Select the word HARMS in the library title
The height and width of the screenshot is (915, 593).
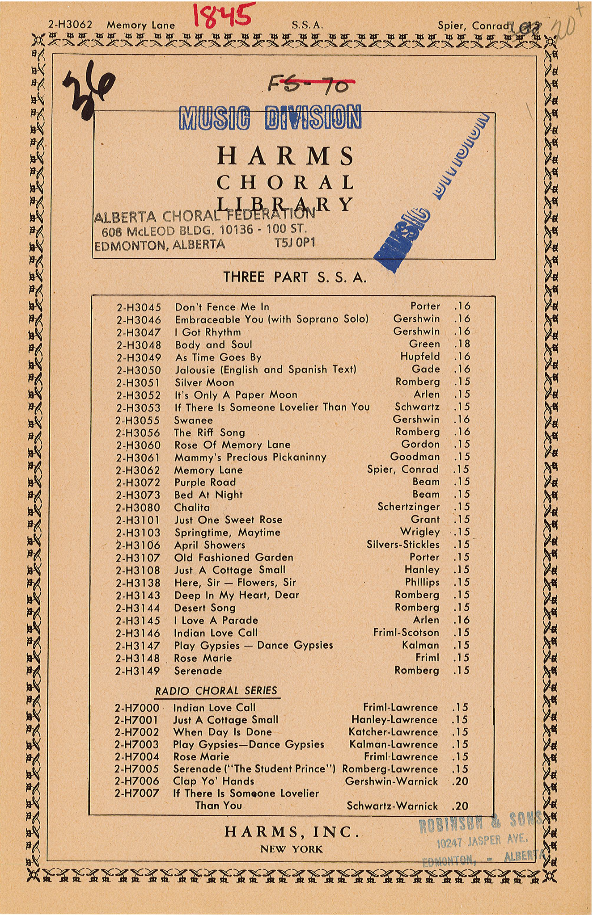coord(286,156)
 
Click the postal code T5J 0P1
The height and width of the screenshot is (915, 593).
coord(295,243)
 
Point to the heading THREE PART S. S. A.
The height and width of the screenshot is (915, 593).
coord(295,277)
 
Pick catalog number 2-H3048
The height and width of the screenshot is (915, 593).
coord(139,345)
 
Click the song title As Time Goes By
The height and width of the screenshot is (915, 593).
coord(218,357)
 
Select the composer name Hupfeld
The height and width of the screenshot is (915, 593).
coord(420,357)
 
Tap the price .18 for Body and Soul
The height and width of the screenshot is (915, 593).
coord(462,344)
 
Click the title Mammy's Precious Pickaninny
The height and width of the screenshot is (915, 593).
coord(250,457)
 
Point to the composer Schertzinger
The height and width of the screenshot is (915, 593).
coord(408,507)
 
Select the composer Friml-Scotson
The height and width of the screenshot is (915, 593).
coord(406,633)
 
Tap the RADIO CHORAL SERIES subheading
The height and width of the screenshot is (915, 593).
coord(216,691)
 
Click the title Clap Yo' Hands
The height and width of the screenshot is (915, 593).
coord(213,781)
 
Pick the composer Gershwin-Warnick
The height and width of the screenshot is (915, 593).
coord(391,781)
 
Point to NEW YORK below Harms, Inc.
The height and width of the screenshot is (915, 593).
coord(291,849)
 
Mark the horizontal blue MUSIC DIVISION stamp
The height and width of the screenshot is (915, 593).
coord(270,117)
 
